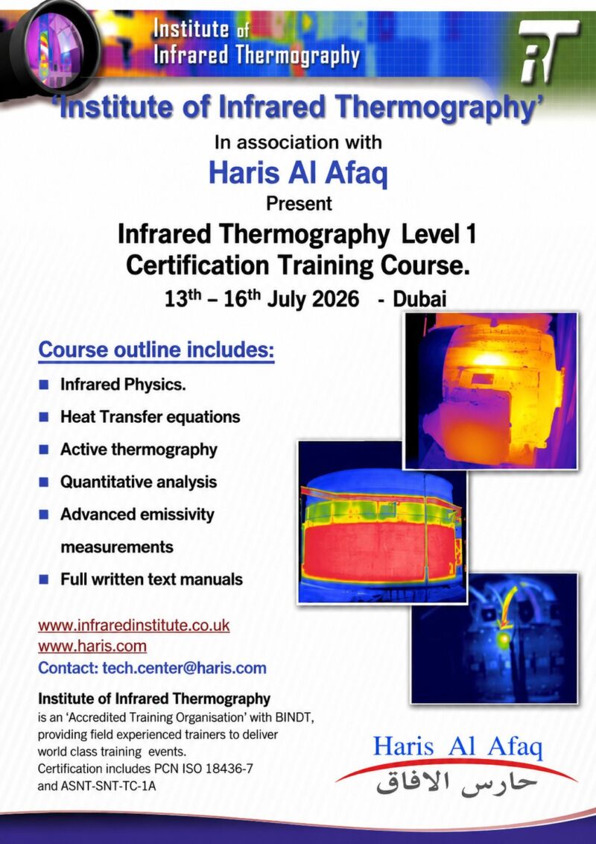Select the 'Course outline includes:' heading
156,350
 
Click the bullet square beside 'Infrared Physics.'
43,385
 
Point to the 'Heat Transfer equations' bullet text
150,418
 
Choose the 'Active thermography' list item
139,450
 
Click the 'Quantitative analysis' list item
139,482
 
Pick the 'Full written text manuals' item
152,580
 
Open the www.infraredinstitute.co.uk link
134,626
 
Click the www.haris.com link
92,646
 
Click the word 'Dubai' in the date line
419,299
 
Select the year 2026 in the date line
335,299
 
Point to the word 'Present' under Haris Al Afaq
299,204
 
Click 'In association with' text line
298,142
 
